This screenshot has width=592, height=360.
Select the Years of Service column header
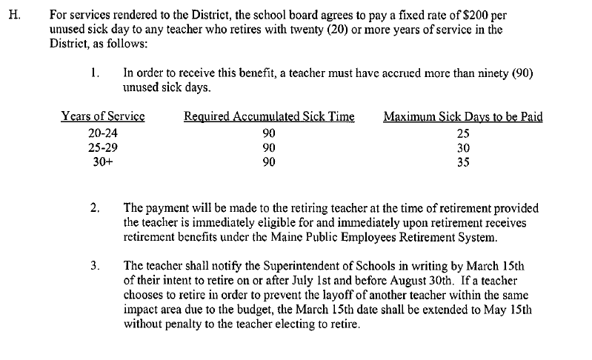(x=103, y=116)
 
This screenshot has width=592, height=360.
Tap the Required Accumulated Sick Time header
(x=269, y=116)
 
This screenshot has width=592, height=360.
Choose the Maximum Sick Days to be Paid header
(x=463, y=116)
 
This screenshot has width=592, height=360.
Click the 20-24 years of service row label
(x=102, y=134)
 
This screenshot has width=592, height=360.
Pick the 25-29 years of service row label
(x=102, y=148)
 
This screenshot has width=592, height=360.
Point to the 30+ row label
(x=102, y=162)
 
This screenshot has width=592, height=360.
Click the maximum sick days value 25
(x=463, y=134)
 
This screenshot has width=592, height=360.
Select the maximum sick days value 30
(x=463, y=148)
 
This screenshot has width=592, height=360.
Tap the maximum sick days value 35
(x=463, y=162)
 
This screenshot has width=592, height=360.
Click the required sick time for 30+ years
(x=269, y=162)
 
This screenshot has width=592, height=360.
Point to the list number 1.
(x=94, y=73)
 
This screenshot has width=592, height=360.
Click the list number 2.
(x=94, y=209)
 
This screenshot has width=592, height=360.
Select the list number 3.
(x=94, y=264)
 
